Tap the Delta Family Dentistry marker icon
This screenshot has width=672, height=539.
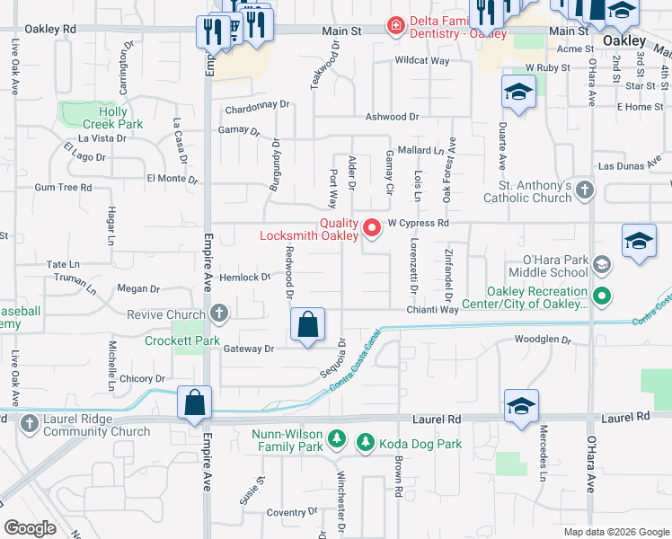click(394, 26)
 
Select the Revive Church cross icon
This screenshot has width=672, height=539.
click(218, 314)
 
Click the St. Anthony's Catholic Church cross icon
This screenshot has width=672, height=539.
click(585, 190)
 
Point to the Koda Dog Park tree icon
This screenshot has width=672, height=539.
click(365, 442)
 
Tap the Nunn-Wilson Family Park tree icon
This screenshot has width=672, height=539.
click(336, 438)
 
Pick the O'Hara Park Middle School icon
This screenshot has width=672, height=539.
click(600, 265)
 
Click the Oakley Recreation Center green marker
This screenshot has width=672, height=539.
click(603, 296)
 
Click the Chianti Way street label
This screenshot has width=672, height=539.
click(435, 309)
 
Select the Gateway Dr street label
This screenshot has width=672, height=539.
click(248, 348)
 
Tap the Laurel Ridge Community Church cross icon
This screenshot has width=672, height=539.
click(29, 422)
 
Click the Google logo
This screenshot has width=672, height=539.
click(30, 528)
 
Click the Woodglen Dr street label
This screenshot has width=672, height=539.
click(543, 340)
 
